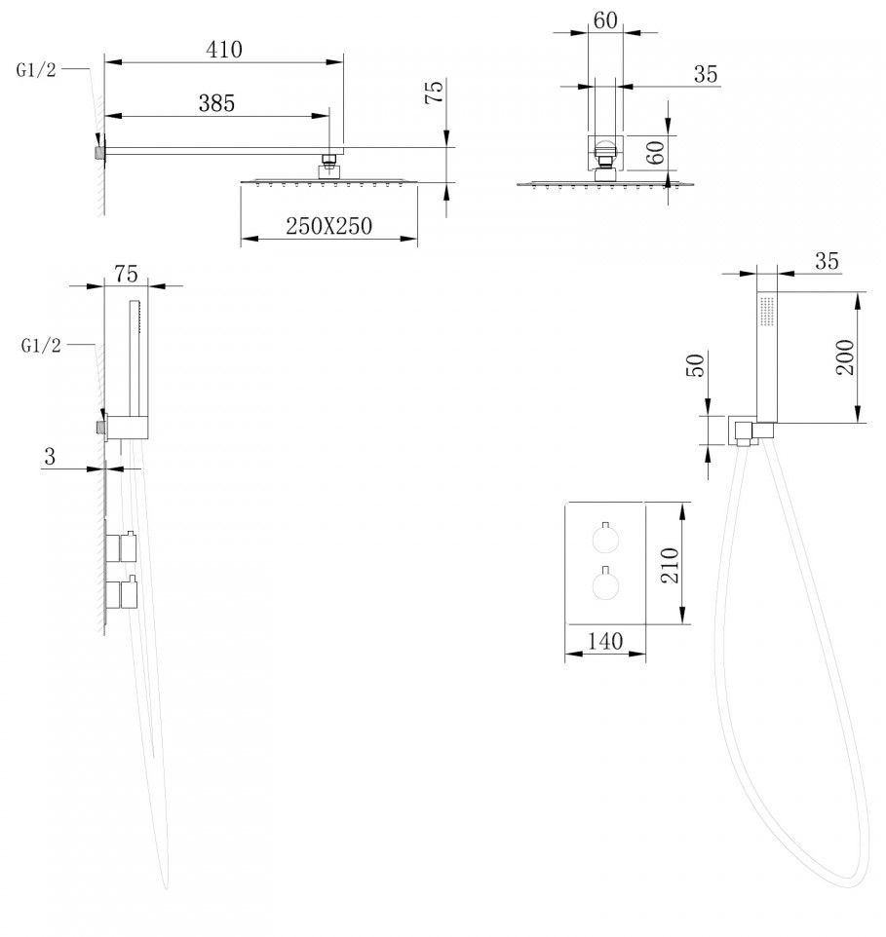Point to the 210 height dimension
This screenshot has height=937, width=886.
670,563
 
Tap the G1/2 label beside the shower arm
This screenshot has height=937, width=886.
37,70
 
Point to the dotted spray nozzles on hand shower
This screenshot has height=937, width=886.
765,312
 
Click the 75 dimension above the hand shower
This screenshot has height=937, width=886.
126,274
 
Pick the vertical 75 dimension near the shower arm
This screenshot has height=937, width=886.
435,92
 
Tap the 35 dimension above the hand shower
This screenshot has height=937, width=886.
827,261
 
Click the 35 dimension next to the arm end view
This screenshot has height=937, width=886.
706,74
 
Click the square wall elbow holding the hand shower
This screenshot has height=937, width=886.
744,431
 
